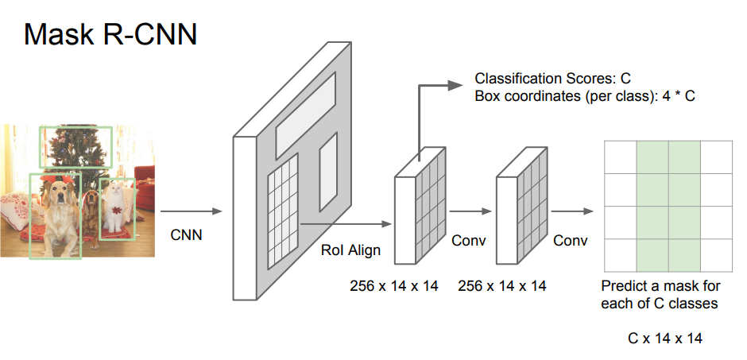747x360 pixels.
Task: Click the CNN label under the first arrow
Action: (x=186, y=235)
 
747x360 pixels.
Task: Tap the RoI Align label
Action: (x=350, y=250)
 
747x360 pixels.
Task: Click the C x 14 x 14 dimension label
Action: (x=665, y=338)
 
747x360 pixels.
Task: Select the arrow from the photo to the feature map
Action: (x=191, y=211)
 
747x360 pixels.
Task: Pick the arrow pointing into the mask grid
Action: (x=572, y=211)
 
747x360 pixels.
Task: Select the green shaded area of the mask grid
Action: (x=668, y=206)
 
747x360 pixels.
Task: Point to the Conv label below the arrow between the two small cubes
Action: (x=468, y=240)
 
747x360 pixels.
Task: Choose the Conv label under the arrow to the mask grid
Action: (x=570, y=240)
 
